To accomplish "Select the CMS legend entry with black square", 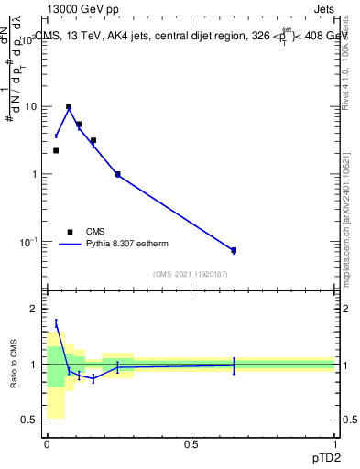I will pyautogui.click(x=70, y=232).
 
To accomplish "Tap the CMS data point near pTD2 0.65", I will pyautogui.click(x=234, y=250).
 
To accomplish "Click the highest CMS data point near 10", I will pyautogui.click(x=69, y=106).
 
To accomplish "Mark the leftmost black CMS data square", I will pyautogui.click(x=56, y=150).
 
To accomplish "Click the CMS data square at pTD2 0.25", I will pyautogui.click(x=117, y=174).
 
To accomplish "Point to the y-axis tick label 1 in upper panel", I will pyautogui.click(x=34, y=174).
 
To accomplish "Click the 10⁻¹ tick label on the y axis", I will pyautogui.click(x=29, y=242).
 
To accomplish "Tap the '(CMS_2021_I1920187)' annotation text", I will pyautogui.click(x=191, y=274).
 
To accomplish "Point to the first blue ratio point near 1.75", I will pyautogui.click(x=56, y=322).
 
